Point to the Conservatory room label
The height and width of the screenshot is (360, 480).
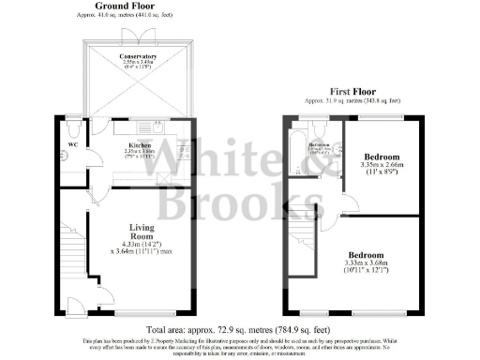coord(138,57)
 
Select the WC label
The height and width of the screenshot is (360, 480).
coord(71,144)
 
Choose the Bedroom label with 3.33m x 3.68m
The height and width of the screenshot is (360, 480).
coord(367,255)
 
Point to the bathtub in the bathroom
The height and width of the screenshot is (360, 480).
coord(299,150)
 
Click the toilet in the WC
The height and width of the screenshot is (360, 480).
coord(73,127)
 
